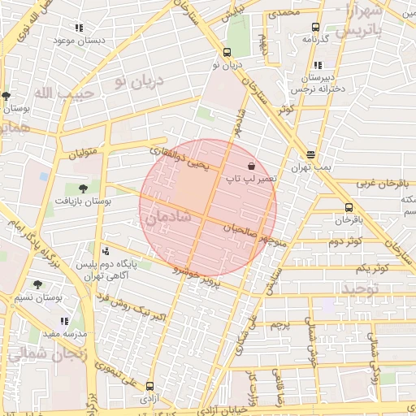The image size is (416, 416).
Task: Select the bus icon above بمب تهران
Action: pyautogui.click(x=310, y=154)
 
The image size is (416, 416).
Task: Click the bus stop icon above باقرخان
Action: pyautogui.click(x=349, y=207)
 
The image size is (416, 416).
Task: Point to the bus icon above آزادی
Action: pyautogui.click(x=149, y=386)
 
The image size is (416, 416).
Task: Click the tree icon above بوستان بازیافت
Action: pyautogui.click(x=83, y=188)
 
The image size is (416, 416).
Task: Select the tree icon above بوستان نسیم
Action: pyautogui.click(x=38, y=284)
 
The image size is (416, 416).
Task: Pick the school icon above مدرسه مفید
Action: pyautogui.click(x=64, y=321)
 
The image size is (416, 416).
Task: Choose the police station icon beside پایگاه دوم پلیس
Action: pyautogui.click(x=106, y=251)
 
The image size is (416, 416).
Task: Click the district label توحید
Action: pyautogui.click(x=360, y=289)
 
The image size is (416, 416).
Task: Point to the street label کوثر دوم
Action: pyautogui.click(x=344, y=242)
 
